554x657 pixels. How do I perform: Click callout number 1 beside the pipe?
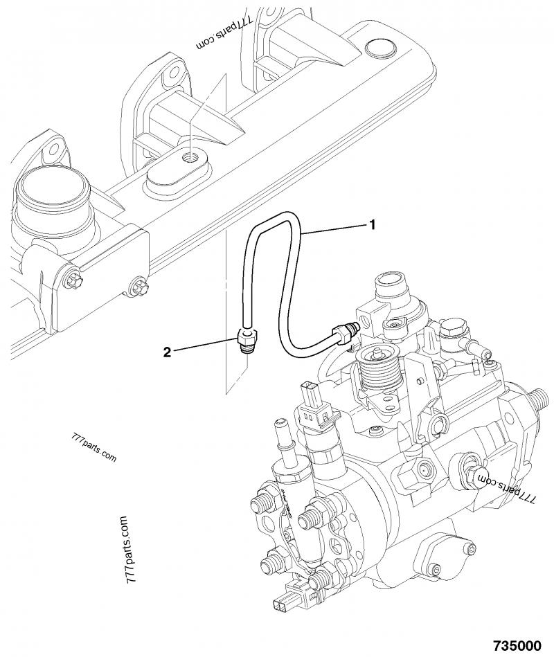(x=372, y=224)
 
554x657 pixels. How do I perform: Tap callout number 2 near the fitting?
(x=166, y=352)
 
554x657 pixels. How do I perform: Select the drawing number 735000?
(x=516, y=645)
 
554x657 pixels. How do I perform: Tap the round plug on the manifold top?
(x=377, y=49)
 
